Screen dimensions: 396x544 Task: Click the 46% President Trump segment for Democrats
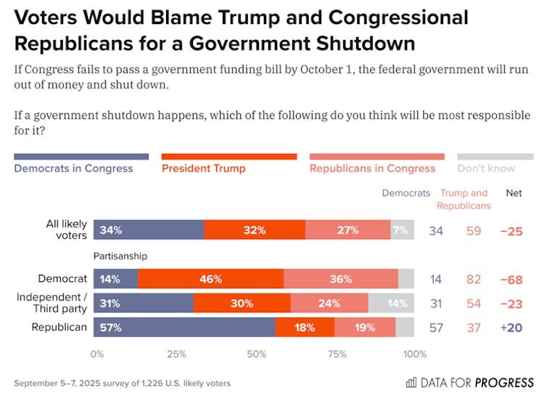[210, 279]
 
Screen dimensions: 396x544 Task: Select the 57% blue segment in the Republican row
[184, 328]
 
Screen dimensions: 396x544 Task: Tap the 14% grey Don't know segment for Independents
[391, 303]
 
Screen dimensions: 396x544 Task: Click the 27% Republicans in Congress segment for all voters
[347, 230]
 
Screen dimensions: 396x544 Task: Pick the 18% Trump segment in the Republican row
[305, 328]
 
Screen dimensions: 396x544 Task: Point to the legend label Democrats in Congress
[73, 169]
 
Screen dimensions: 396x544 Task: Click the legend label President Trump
[203, 169]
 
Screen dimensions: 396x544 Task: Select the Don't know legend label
[486, 169]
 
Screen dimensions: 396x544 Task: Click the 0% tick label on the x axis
[96, 354]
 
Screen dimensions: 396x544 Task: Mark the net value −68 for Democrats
[513, 279]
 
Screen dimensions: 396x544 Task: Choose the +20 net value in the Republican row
[513, 328]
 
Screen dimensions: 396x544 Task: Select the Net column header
[513, 193]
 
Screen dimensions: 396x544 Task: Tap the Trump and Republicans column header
[464, 199]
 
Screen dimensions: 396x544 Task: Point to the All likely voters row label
[67, 230]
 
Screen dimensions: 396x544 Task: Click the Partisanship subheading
[120, 256]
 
